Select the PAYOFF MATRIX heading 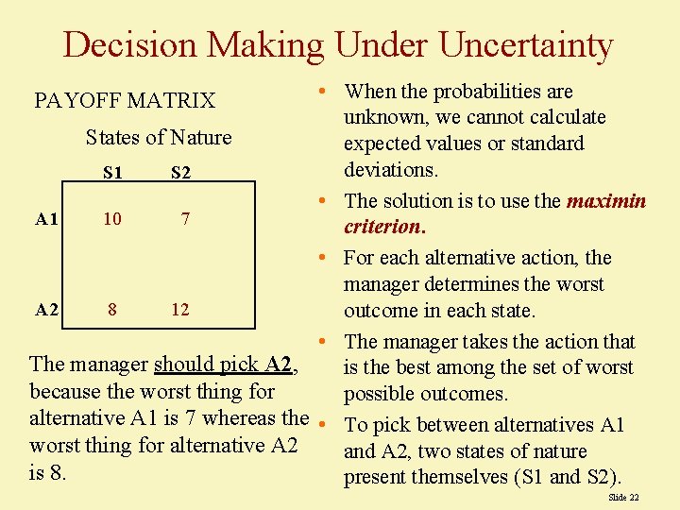[x=125, y=100]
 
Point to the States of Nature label [x=159, y=138]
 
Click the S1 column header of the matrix [x=112, y=173]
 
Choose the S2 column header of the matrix [x=180, y=173]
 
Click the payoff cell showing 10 [x=112, y=219]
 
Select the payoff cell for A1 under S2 [x=186, y=219]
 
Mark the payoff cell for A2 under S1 [x=112, y=309]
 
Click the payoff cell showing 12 [x=180, y=309]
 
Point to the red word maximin [x=606, y=201]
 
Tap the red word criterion [x=383, y=227]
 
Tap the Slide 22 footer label [x=623, y=497]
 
